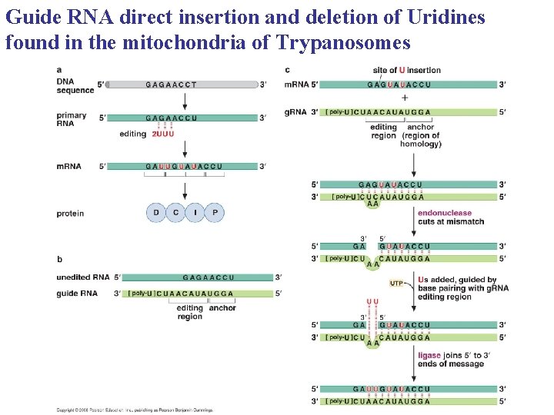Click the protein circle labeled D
coord(156,213)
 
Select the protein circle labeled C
coord(175,213)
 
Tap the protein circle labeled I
coord(195,213)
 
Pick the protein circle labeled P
coord(215,213)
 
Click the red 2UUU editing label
coord(162,134)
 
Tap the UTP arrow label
coord(395,284)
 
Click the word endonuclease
coord(445,213)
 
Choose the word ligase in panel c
coord(429,356)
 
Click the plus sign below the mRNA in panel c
coord(405,98)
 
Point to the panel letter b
coord(59,258)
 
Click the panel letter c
coord(287,70)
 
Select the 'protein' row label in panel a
coord(70,214)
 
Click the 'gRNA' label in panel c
coord(295,112)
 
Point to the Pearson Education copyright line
coord(135,410)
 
